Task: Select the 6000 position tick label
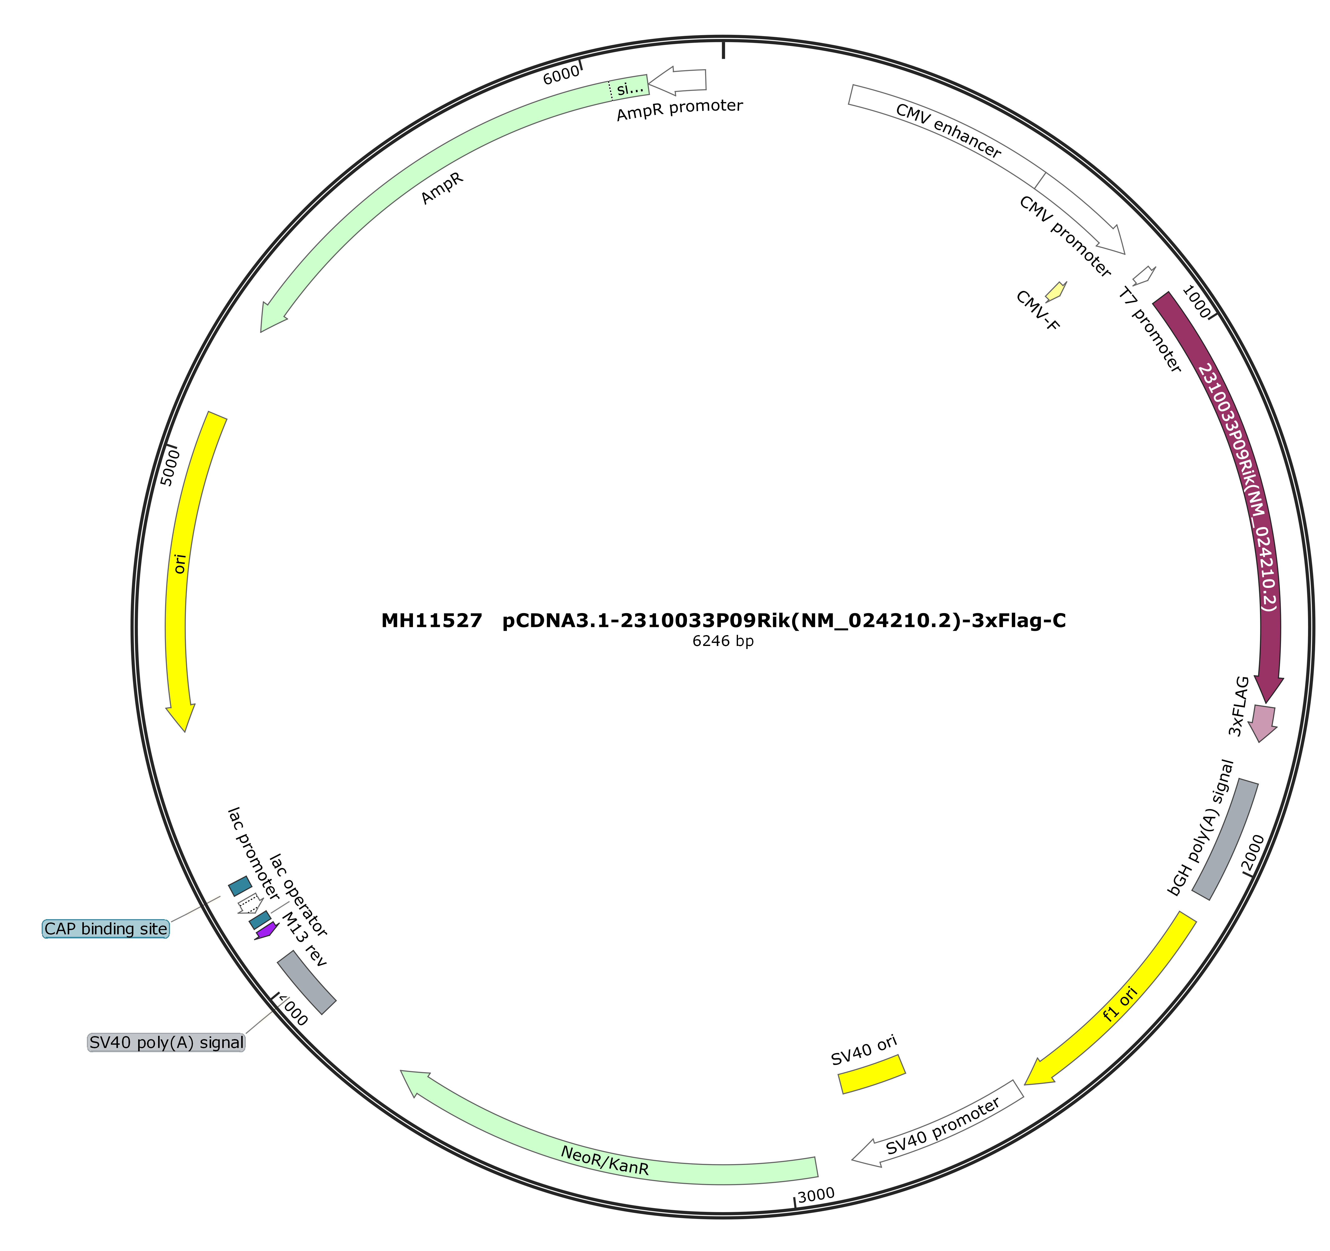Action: click(561, 75)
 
